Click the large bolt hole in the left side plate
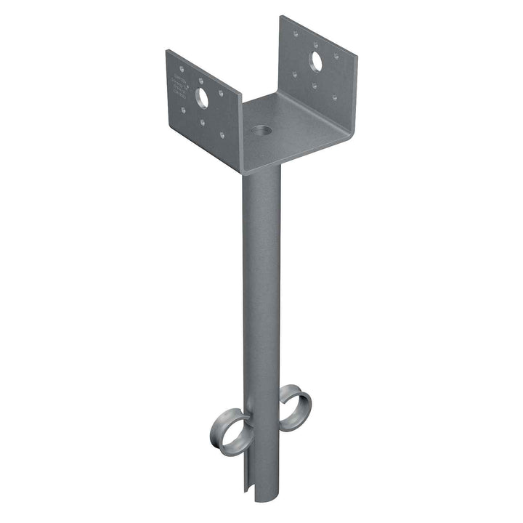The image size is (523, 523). [x=202, y=95]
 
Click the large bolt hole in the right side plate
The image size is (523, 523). [x=317, y=62]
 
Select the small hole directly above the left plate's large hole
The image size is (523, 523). [x=202, y=76]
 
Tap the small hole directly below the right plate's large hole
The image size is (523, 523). [x=315, y=85]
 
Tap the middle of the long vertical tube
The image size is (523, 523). [x=261, y=305]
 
